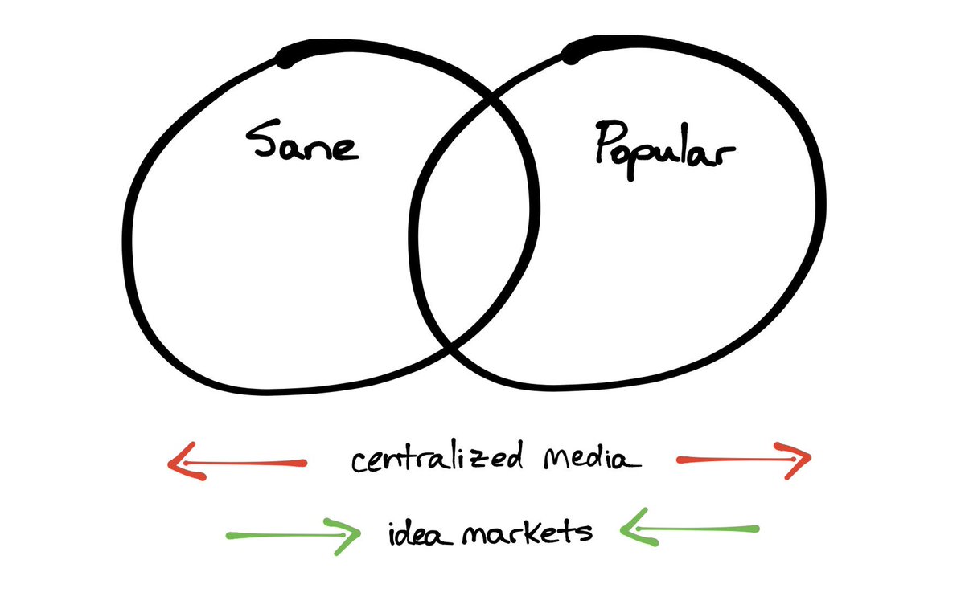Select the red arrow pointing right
tap(745, 460)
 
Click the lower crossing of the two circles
tap(450, 350)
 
